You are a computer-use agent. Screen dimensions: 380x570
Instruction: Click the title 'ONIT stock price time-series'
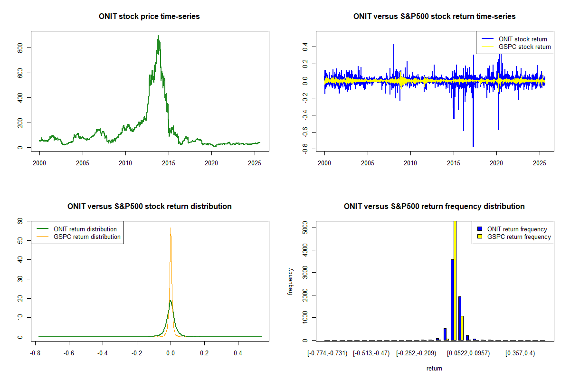coord(149,17)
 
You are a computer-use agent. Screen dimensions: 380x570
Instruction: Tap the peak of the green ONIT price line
coord(158,36)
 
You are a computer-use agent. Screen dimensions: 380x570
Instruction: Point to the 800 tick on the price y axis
coord(20,48)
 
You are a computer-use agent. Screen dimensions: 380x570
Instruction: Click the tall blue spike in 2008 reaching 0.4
coord(394,45)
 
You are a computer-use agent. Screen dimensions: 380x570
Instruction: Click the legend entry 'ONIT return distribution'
coord(85,229)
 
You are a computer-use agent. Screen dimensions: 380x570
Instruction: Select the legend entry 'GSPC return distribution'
coord(87,237)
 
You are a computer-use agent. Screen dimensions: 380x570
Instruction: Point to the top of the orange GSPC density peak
coord(171,228)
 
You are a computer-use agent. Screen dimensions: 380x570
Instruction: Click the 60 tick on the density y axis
coord(20,221)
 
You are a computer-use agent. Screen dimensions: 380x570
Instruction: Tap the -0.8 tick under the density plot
coord(35,353)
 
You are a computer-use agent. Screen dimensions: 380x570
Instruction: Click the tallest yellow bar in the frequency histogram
coord(455,280)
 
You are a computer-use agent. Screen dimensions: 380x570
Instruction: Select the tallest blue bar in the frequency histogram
coord(452,299)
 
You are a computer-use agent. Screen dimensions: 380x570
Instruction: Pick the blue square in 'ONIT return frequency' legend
coord(480,229)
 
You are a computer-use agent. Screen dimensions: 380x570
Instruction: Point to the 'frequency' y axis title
coord(291,281)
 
